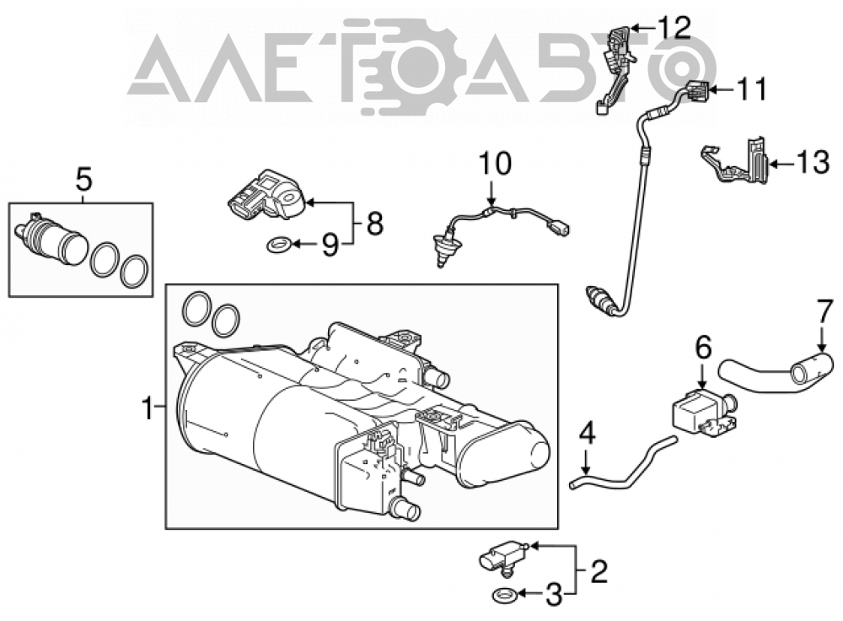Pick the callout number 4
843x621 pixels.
[587, 434]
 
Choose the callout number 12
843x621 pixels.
[674, 28]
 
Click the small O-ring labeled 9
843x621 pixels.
[280, 246]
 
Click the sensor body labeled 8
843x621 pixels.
[266, 196]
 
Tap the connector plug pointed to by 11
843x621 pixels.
[697, 91]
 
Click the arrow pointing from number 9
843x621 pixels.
[306, 246]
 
